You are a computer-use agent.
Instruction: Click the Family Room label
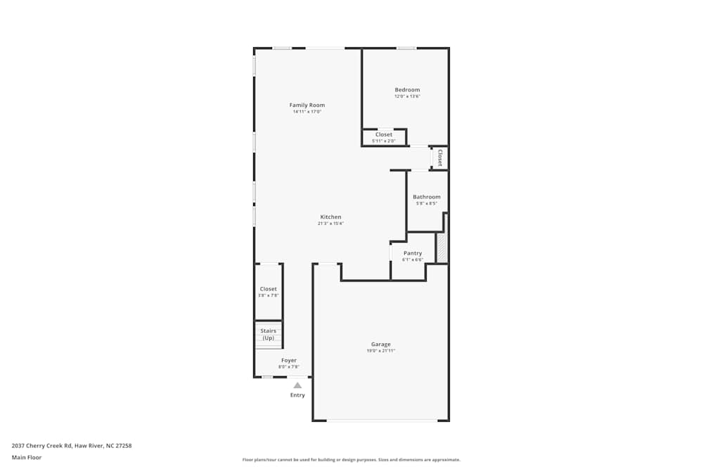click(x=307, y=105)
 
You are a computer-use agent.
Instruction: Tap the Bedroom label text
click(x=407, y=89)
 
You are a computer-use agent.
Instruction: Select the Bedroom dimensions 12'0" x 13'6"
click(x=407, y=96)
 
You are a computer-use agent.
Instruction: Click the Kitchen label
click(x=330, y=217)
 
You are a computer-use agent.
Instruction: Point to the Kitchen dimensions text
click(x=330, y=224)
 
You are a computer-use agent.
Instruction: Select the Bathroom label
click(x=427, y=197)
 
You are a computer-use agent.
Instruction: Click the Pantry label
click(x=413, y=253)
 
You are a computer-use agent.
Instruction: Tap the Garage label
click(x=381, y=344)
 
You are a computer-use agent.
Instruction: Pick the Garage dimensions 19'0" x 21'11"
click(x=381, y=351)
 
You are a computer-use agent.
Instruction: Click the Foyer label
click(x=289, y=360)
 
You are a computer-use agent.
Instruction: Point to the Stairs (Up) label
click(x=269, y=334)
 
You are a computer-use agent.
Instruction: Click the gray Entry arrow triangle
click(x=297, y=385)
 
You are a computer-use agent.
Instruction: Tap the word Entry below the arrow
click(x=297, y=395)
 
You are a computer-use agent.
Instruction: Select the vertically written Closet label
click(x=440, y=158)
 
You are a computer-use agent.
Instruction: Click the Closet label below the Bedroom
click(x=384, y=134)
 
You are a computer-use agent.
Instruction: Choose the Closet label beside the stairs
click(x=269, y=289)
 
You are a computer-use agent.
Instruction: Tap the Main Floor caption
click(x=27, y=457)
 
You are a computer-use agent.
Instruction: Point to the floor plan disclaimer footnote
click(x=351, y=460)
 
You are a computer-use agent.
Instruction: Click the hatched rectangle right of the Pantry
click(x=441, y=248)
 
